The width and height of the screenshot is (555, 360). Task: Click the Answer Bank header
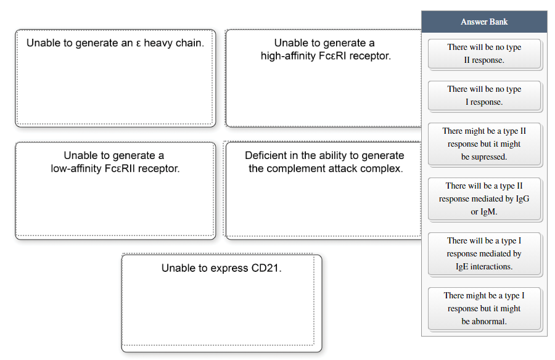pyautogui.click(x=484, y=22)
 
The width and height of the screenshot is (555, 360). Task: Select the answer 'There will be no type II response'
pyautogui.click(x=484, y=54)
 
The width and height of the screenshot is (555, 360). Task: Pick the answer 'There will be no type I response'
pyautogui.click(x=484, y=96)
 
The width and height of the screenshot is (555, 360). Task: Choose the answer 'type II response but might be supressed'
pyautogui.click(x=484, y=144)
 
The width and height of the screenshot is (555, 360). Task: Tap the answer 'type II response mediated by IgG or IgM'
pyautogui.click(x=484, y=198)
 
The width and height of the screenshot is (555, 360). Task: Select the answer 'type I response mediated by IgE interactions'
pyautogui.click(x=484, y=253)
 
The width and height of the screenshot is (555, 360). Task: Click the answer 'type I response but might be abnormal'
pyautogui.click(x=484, y=308)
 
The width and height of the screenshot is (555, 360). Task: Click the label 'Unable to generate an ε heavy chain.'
pyautogui.click(x=115, y=43)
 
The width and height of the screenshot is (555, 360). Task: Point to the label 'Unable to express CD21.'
pyautogui.click(x=221, y=268)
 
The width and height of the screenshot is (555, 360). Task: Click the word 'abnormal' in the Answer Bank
pyautogui.click(x=490, y=321)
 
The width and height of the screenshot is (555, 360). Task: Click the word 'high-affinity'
pyautogui.click(x=289, y=56)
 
